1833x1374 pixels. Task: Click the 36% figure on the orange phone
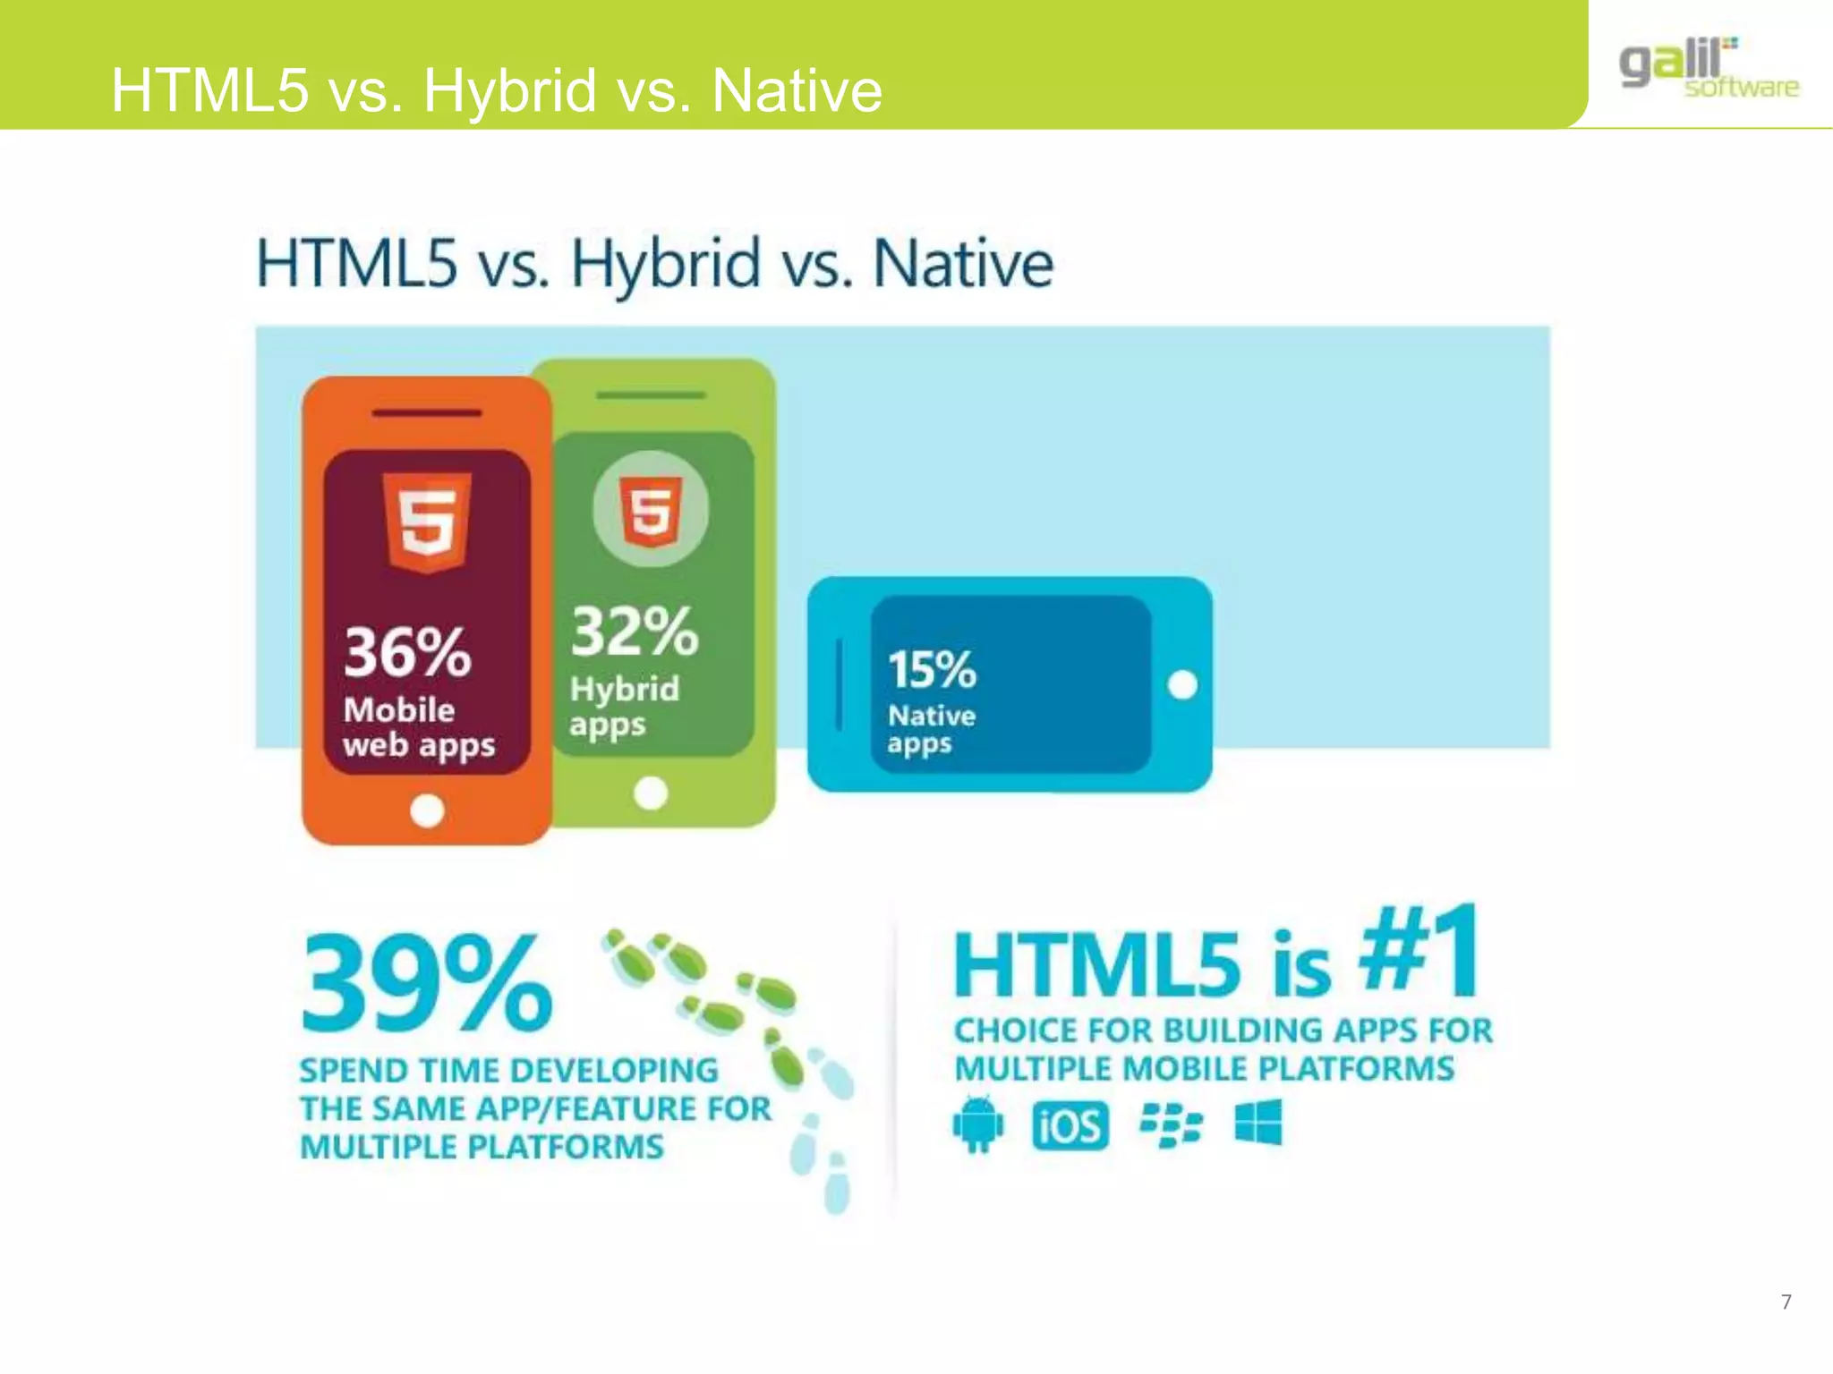(407, 652)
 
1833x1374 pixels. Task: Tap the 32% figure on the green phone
(635, 632)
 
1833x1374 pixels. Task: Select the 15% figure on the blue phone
(932, 669)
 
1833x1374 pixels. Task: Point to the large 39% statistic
(427, 982)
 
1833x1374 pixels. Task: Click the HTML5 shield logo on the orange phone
(427, 522)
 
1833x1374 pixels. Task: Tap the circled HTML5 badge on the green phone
(651, 510)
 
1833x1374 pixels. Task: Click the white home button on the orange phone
(427, 810)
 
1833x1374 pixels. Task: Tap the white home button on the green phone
(651, 793)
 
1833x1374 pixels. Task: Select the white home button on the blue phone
(1182, 685)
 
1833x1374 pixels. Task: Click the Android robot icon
(978, 1124)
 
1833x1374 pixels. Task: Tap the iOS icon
(1070, 1124)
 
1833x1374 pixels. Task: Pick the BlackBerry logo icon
(1171, 1124)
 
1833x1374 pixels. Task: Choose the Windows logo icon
(1258, 1123)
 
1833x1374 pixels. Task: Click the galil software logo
(1708, 68)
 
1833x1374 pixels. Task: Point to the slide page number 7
(1786, 1302)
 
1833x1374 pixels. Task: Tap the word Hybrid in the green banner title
(510, 91)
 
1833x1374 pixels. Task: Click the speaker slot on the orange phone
(427, 413)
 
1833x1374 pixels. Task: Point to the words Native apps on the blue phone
(931, 729)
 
